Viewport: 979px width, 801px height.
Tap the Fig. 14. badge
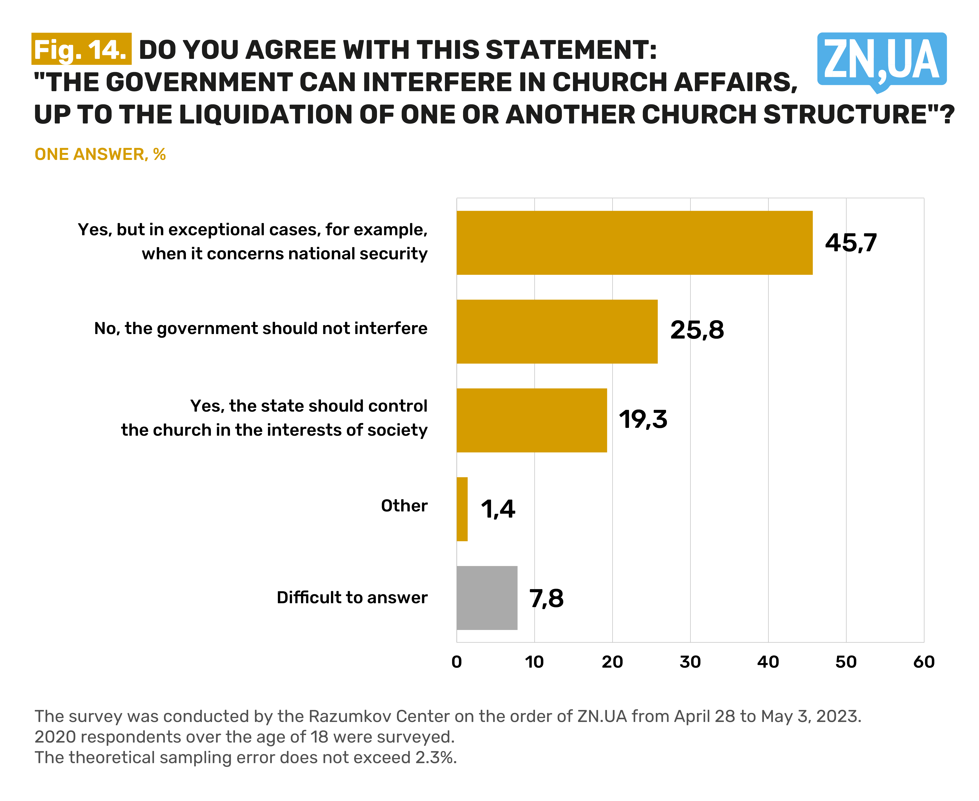click(x=81, y=49)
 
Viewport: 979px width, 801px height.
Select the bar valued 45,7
click(x=634, y=243)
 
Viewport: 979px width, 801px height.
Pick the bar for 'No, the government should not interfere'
click(x=557, y=331)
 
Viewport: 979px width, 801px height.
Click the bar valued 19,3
click(x=531, y=420)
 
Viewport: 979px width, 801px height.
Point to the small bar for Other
click(x=462, y=509)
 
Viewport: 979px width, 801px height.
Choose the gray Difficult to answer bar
click(x=487, y=597)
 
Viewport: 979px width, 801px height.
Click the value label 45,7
click(x=851, y=243)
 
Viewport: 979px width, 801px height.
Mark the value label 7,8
click(x=546, y=598)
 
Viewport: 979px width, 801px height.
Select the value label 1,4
click(x=498, y=509)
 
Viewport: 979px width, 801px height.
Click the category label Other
click(x=404, y=506)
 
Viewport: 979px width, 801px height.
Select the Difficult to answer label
click(x=352, y=597)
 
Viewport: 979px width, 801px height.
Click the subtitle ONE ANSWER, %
click(x=100, y=154)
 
